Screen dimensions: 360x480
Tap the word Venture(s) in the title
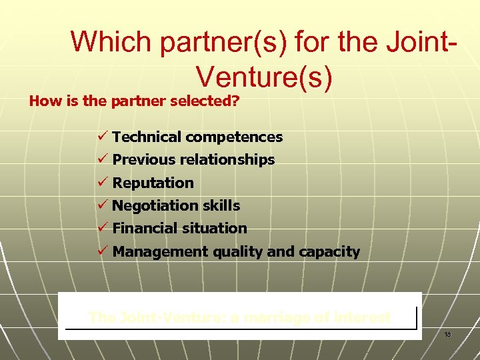coord(264,77)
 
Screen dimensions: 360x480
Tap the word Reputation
coord(153,183)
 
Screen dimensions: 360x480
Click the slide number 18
coord(448,333)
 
